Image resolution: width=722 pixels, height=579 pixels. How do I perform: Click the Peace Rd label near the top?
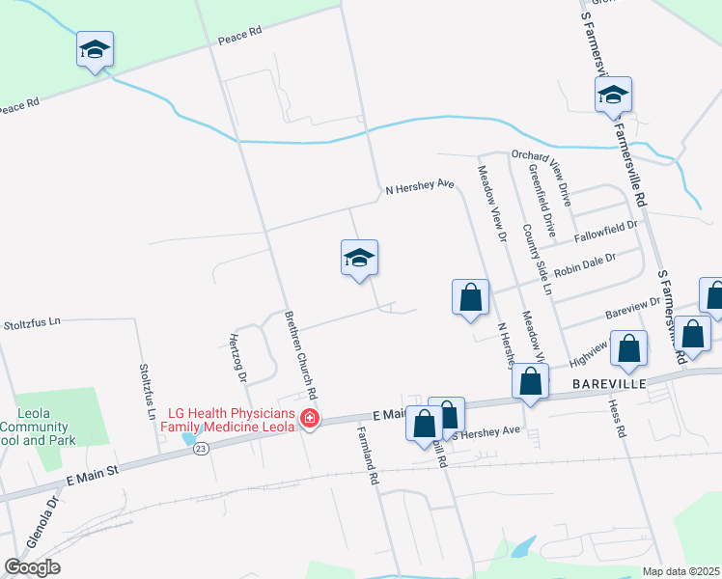(240, 37)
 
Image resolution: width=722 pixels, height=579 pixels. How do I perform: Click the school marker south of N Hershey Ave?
(359, 259)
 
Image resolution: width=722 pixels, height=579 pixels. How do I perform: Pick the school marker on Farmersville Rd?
(613, 95)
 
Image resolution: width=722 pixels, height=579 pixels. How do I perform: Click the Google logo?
(32, 567)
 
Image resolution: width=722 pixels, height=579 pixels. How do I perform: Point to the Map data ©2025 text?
(680, 571)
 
